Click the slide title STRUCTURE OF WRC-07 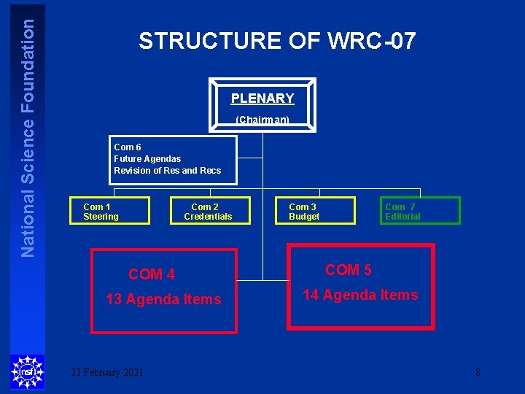(277, 41)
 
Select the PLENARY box (262, 104)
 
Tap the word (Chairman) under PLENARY (262, 120)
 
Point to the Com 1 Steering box (110, 211)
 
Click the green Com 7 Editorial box (420, 211)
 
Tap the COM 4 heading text (152, 274)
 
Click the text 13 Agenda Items (163, 299)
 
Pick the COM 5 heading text (349, 270)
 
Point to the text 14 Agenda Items (360, 295)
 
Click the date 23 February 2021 (106, 372)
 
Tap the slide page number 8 (478, 372)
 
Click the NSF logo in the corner (27, 372)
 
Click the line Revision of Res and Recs (167, 170)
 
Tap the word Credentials (208, 216)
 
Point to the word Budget (304, 216)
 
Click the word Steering (101, 216)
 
